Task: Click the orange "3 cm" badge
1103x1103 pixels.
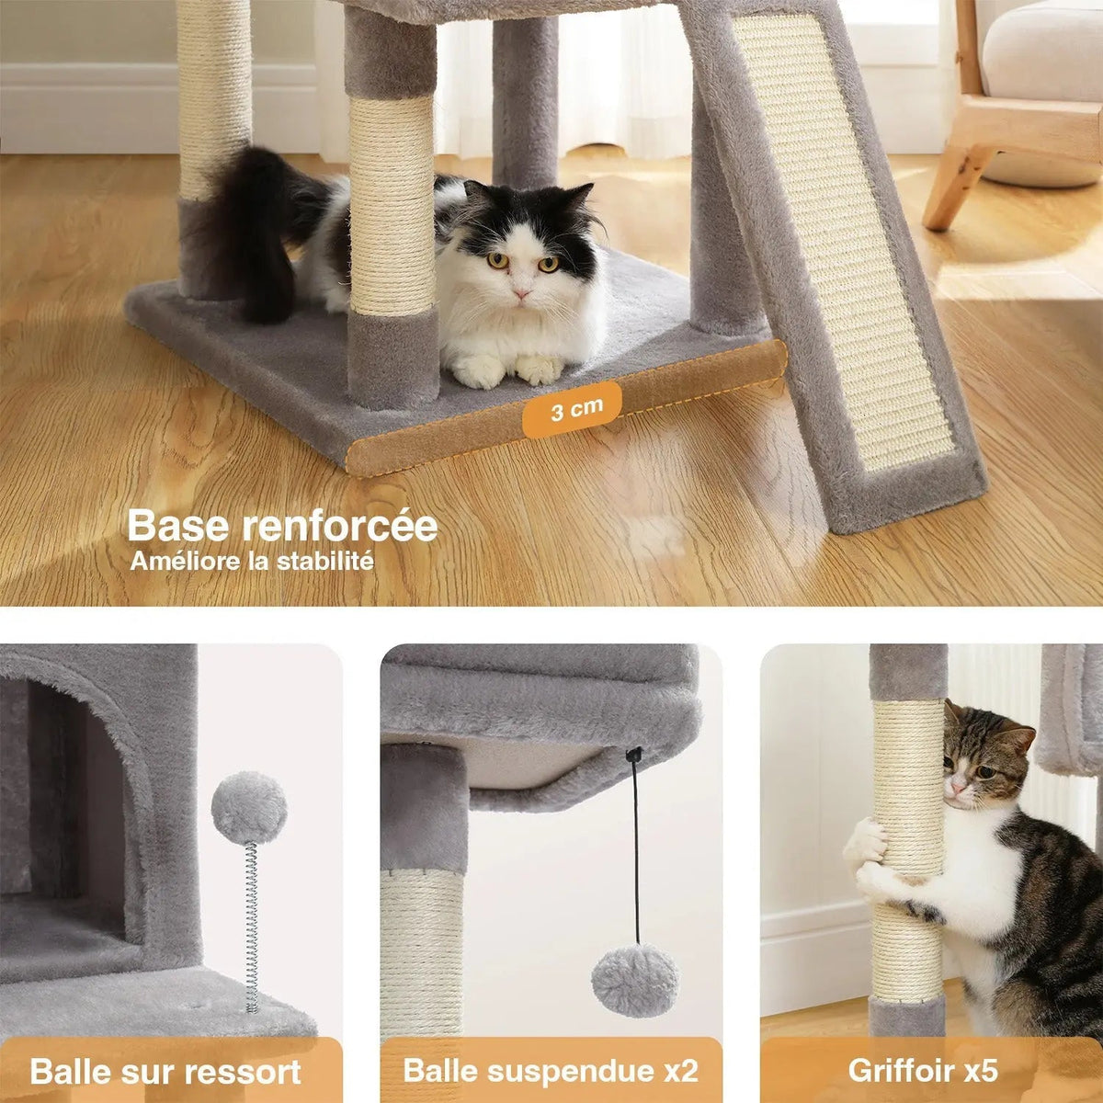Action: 571,409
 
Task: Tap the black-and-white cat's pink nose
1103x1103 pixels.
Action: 521,293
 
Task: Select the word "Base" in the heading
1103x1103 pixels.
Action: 178,526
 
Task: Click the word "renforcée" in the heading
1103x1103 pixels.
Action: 340,526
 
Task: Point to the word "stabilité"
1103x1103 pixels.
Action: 325,561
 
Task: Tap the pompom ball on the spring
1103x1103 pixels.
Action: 249,809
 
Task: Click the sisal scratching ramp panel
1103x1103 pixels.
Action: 841,241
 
